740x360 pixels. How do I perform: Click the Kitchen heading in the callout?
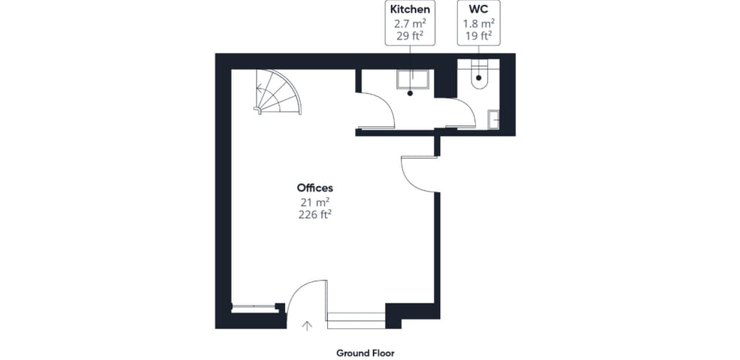coord(409,10)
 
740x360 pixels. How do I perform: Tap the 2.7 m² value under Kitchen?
coord(409,23)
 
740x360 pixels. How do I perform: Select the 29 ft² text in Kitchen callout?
coord(409,35)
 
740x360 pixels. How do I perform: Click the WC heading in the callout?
coord(478,10)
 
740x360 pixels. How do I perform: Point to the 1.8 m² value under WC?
coord(478,23)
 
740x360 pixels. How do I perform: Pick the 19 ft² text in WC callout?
coord(478,35)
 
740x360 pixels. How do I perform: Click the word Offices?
coord(315,188)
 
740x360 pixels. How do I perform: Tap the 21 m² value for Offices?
coord(315,201)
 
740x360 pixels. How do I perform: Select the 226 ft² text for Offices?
coord(315,214)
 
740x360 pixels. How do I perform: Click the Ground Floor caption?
coord(365,352)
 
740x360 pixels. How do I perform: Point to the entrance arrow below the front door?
coord(307,326)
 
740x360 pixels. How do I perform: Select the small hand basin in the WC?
coord(493,119)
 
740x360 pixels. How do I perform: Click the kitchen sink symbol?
coord(412,80)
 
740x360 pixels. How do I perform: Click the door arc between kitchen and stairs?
coord(381,109)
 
